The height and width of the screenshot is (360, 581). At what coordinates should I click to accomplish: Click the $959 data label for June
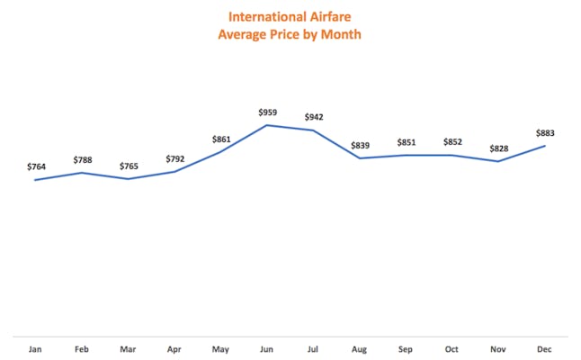267,112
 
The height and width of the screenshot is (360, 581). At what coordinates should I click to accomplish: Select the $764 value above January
35,166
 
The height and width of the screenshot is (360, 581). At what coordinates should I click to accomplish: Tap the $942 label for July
314,117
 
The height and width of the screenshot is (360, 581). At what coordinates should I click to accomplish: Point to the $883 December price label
545,133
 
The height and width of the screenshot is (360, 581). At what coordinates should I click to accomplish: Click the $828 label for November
498,148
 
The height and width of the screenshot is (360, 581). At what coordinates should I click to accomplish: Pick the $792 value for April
174,158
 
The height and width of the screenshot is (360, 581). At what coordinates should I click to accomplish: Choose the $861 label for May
220,139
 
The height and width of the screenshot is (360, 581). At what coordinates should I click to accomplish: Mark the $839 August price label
360,145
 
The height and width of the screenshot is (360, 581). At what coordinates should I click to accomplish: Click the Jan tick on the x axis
35,348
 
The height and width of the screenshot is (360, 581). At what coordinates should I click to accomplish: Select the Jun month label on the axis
267,348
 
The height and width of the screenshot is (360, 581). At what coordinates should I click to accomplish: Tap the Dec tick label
545,348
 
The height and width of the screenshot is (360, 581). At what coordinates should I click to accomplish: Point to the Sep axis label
406,348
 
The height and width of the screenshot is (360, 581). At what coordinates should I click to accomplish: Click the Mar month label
128,348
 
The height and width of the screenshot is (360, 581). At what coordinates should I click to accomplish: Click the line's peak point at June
267,125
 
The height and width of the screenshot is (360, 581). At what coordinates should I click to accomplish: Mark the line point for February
82,172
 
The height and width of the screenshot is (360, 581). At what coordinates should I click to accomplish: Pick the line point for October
452,155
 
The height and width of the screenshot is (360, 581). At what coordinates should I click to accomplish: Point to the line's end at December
545,146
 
